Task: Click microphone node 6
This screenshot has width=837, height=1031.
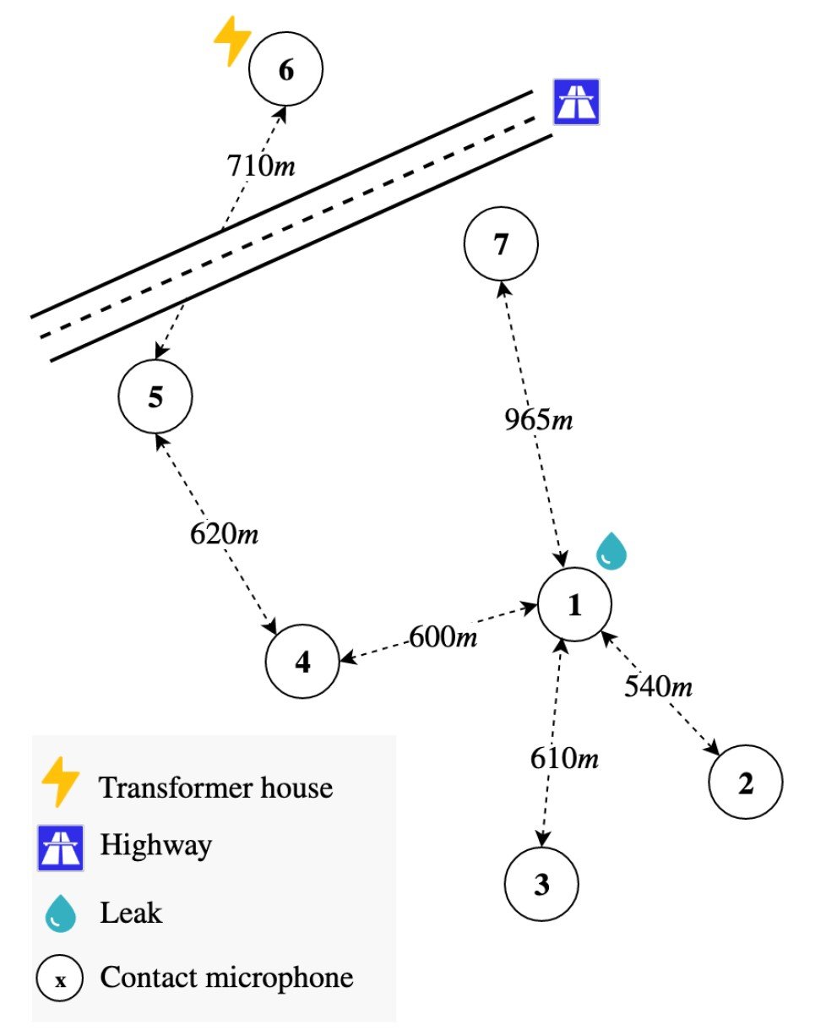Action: [x=286, y=70]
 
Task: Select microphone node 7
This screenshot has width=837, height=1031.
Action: [x=501, y=244]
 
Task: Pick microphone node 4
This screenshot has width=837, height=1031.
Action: [x=302, y=662]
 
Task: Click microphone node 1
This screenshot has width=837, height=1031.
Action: [x=574, y=605]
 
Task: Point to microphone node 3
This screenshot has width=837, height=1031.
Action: [x=541, y=884]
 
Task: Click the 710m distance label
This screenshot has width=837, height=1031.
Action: [x=260, y=165]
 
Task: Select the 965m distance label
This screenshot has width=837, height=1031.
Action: [x=539, y=420]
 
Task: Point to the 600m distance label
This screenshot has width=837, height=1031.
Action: [x=443, y=636]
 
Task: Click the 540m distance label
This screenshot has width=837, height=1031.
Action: [x=659, y=686]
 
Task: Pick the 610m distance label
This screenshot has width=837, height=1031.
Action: [x=564, y=758]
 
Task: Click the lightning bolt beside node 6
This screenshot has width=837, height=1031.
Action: [x=231, y=41]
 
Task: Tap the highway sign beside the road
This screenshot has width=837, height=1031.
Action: [x=576, y=102]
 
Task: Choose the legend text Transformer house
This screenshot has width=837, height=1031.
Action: [x=216, y=788]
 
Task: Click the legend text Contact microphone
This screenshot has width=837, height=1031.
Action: [x=226, y=978]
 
